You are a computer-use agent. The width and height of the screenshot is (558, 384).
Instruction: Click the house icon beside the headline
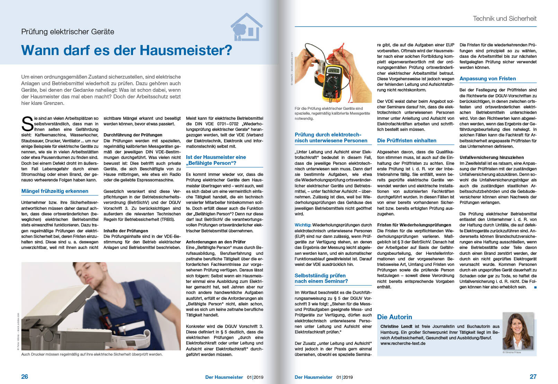pyautogui.click(x=246, y=27)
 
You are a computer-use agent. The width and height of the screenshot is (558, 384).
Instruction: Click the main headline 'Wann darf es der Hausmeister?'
pyautogui.click(x=126, y=51)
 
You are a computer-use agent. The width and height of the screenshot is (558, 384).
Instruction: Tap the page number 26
pyautogui.click(x=25, y=377)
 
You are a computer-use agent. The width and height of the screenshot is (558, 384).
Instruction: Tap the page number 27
pyautogui.click(x=533, y=377)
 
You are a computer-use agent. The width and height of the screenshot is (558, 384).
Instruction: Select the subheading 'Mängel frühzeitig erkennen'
pyautogui.click(x=55, y=191)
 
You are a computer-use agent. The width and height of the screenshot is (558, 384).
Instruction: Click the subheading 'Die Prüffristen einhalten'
pyautogui.click(x=407, y=141)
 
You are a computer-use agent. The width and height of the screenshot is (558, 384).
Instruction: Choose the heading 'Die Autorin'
pyautogui.click(x=395, y=317)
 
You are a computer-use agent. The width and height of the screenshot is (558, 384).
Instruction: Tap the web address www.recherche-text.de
pyautogui.click(x=403, y=343)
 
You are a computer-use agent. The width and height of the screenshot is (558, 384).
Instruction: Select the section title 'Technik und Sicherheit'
pyautogui.click(x=504, y=19)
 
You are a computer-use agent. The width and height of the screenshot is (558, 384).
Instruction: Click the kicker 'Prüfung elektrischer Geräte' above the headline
pyautogui.click(x=68, y=32)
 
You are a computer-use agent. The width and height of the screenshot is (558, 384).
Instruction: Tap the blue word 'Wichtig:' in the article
pyautogui.click(x=303, y=225)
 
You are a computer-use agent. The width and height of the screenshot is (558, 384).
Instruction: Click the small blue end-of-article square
pyautogui.click(x=535, y=287)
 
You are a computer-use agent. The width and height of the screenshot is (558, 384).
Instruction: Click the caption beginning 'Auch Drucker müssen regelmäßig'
pyautogui.click(x=92, y=354)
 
